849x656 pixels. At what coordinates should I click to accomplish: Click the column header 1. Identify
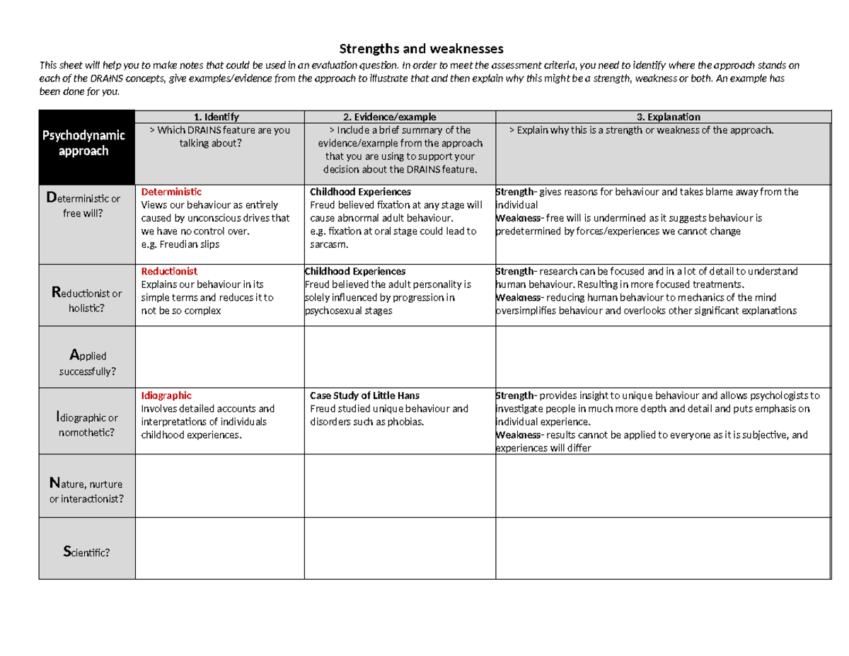[x=219, y=117]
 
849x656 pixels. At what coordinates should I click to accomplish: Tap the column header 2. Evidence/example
[x=400, y=117]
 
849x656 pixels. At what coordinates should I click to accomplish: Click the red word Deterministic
[x=171, y=192]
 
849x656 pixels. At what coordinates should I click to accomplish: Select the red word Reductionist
[x=169, y=271]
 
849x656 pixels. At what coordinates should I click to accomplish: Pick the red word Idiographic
[x=166, y=396]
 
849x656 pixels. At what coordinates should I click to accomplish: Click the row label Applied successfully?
[x=86, y=362]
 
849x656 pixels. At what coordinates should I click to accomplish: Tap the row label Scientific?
[x=86, y=553]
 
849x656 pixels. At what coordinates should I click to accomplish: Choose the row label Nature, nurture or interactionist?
[x=86, y=491]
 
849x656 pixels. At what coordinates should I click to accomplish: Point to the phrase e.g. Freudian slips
[x=180, y=244]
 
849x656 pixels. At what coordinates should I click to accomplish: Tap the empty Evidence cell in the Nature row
[x=400, y=485]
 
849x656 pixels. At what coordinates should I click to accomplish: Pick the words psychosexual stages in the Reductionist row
[x=343, y=311]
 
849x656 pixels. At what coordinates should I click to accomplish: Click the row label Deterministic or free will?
[x=86, y=206]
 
